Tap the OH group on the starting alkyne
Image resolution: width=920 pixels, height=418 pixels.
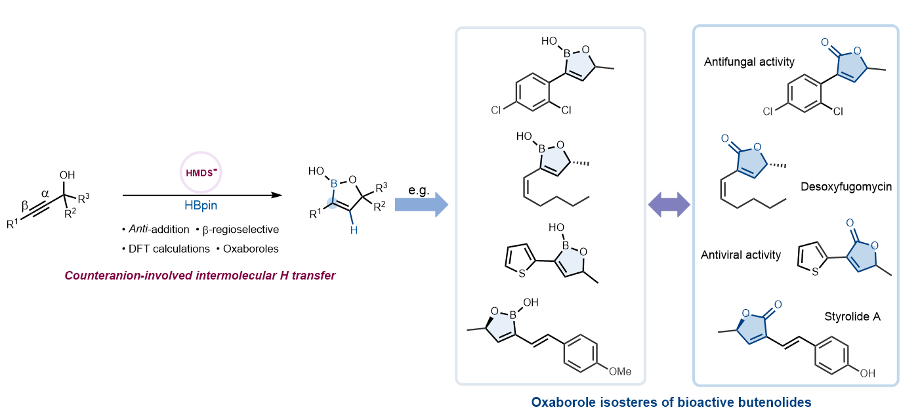coord(68,175)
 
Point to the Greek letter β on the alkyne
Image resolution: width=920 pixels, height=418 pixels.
coord(24,205)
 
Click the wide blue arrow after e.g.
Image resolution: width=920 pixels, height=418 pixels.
coord(421,204)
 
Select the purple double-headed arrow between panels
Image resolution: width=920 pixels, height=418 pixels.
coord(669,205)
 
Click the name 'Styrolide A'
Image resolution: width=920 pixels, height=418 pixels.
coord(852,317)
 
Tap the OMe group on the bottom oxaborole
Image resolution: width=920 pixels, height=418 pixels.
coord(619,371)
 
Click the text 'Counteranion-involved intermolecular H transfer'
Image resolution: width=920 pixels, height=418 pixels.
coord(199,276)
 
